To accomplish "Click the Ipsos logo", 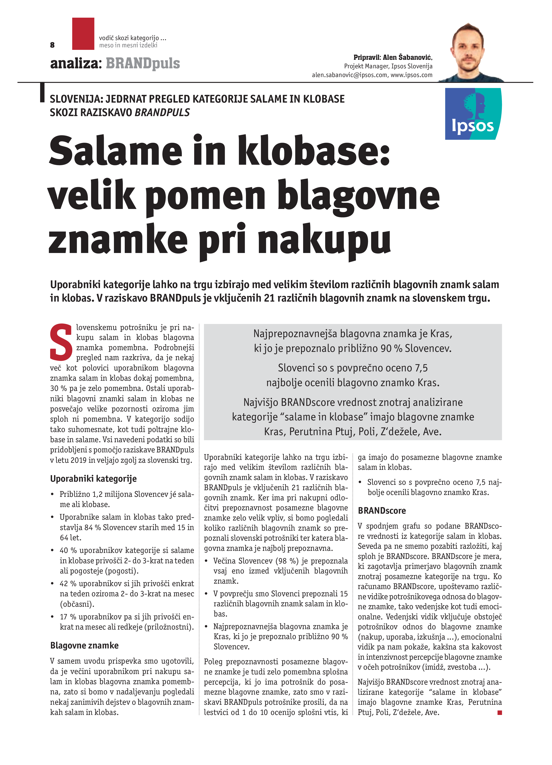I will (x=473, y=114).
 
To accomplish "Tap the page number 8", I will (x=52, y=45).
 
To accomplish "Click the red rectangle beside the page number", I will (x=83, y=34).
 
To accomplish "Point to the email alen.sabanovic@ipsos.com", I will (x=349, y=75).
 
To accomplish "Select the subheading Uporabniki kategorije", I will (x=93, y=479).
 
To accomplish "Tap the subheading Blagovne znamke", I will (x=84, y=645).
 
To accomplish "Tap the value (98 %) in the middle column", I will (x=287, y=561).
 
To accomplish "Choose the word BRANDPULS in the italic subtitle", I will (x=162, y=112).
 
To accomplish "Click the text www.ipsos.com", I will (x=411, y=75).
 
